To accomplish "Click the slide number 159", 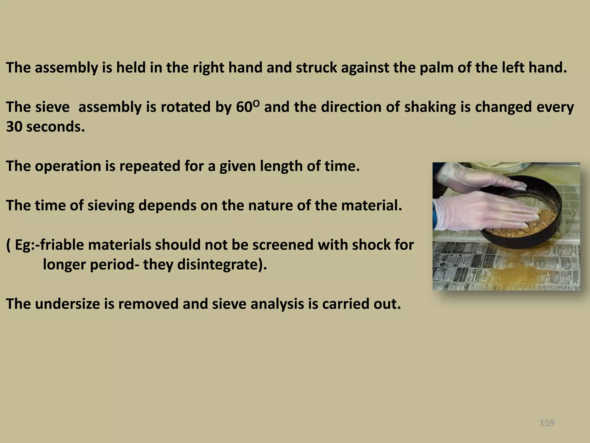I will (547, 423).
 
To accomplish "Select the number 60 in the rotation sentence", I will (244, 107).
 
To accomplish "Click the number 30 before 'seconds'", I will (14, 127).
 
